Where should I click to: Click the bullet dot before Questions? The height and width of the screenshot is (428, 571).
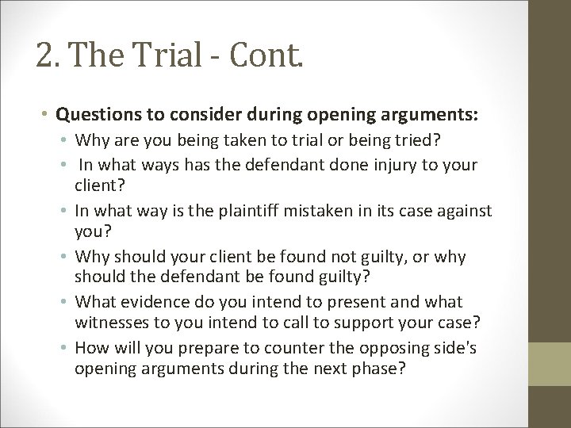click(48, 115)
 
